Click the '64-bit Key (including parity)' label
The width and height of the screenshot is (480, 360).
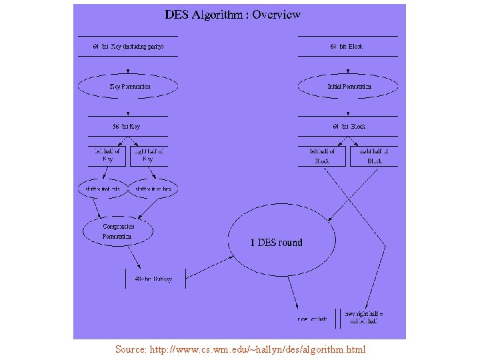pyautogui.click(x=128, y=47)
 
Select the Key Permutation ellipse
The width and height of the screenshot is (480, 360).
pyautogui.click(x=129, y=87)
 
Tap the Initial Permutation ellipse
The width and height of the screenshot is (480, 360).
pyautogui.click(x=349, y=87)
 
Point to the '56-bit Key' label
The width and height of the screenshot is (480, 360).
pyautogui.click(x=127, y=126)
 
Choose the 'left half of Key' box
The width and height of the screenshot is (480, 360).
pyautogui.click(x=107, y=155)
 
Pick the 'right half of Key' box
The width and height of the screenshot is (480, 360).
pyautogui.click(x=149, y=155)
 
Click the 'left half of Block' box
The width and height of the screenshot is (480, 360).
pyautogui.click(x=321, y=156)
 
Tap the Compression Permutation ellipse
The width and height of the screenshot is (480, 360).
pyautogui.click(x=118, y=231)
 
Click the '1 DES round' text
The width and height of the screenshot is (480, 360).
pyautogui.click(x=276, y=243)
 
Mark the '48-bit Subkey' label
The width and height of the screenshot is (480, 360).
pyautogui.click(x=153, y=279)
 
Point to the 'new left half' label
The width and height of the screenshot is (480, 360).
pyautogui.click(x=312, y=319)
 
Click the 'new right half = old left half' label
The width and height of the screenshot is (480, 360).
pyautogui.click(x=364, y=317)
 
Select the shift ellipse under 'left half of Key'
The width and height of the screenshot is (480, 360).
pyautogui.click(x=103, y=189)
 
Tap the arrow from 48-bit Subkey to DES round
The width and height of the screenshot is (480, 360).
pyautogui.click(x=207, y=263)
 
